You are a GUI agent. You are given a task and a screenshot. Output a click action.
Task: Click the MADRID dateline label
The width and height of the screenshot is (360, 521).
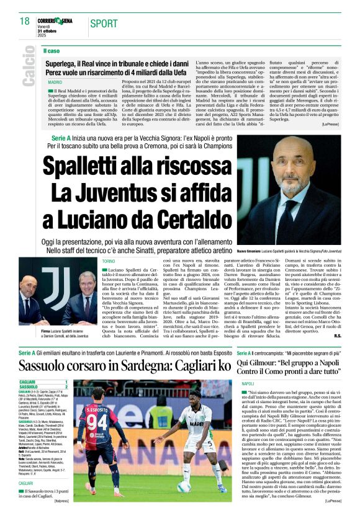coord(55,82)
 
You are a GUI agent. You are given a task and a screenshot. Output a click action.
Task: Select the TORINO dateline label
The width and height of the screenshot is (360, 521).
coord(109,262)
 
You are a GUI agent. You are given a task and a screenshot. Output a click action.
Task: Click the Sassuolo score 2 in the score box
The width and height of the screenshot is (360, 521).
coord(66,387)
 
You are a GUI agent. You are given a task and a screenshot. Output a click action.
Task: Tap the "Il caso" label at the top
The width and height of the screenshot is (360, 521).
coord(52,51)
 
